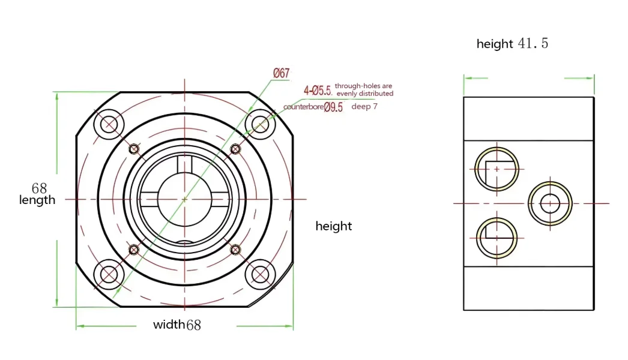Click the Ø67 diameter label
click(x=281, y=73)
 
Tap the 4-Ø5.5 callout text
click(x=318, y=91)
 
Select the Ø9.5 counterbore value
click(x=333, y=108)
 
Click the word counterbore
click(x=303, y=108)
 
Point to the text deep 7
click(x=364, y=107)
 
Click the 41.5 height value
click(x=533, y=44)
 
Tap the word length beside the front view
click(x=37, y=200)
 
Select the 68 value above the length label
click(x=39, y=188)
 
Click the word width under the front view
click(x=169, y=325)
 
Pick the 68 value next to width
click(x=193, y=326)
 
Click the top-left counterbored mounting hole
click(x=109, y=124)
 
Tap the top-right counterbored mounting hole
click(x=260, y=124)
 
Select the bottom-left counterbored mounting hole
click(x=109, y=274)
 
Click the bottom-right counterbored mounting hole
click(x=260, y=274)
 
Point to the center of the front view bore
click(x=184, y=199)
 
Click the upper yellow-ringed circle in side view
click(x=497, y=169)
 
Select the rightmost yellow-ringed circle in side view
click(x=550, y=203)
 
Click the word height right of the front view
click(x=334, y=226)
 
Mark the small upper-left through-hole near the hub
click(x=134, y=149)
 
